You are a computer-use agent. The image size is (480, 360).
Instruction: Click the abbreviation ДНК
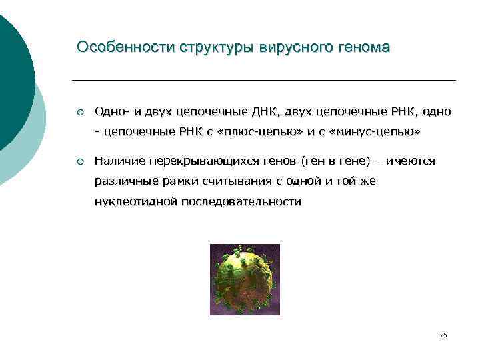269,111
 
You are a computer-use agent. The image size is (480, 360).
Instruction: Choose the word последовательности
240,202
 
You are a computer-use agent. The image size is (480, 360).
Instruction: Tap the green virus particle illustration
245,279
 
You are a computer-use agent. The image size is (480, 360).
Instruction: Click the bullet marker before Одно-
80,111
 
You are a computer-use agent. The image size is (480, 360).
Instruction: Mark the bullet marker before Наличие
80,161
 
